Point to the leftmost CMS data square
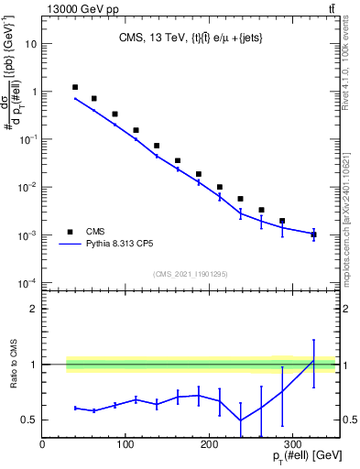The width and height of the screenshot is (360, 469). (x=75, y=87)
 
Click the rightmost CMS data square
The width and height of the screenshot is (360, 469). (x=313, y=234)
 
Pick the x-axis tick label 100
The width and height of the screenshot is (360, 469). (x=126, y=444)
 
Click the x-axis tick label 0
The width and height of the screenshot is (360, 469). (x=43, y=444)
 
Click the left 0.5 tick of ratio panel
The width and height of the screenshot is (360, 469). (x=30, y=420)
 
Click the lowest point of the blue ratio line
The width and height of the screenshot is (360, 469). (x=241, y=420)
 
